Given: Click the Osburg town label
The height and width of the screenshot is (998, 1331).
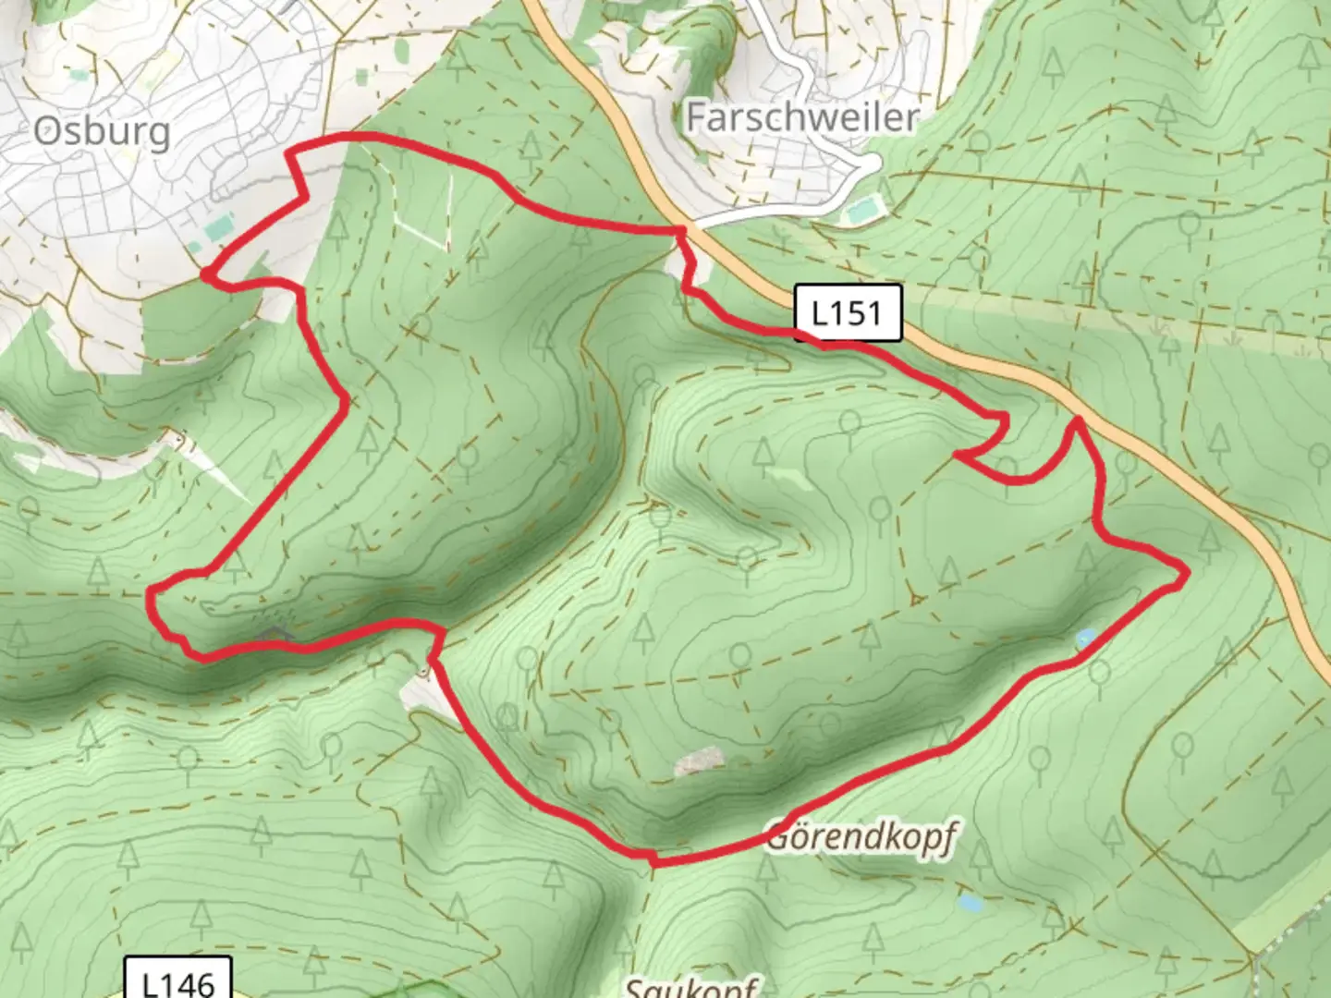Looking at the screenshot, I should pos(103,131).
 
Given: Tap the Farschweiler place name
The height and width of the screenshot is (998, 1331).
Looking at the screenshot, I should pos(802,117).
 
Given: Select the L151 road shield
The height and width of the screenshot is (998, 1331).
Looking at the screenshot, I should pos(847,313).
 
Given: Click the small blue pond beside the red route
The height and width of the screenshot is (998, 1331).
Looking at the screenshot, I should pos(1085,638).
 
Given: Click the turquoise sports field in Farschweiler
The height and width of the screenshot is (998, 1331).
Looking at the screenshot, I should pos(862,212).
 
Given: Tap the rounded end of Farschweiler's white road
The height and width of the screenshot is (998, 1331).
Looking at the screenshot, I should pos(871,164).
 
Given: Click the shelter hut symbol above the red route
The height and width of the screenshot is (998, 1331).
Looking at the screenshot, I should pos(273,633).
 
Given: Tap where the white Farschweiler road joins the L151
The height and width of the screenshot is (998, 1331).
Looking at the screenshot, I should pos(693,225).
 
